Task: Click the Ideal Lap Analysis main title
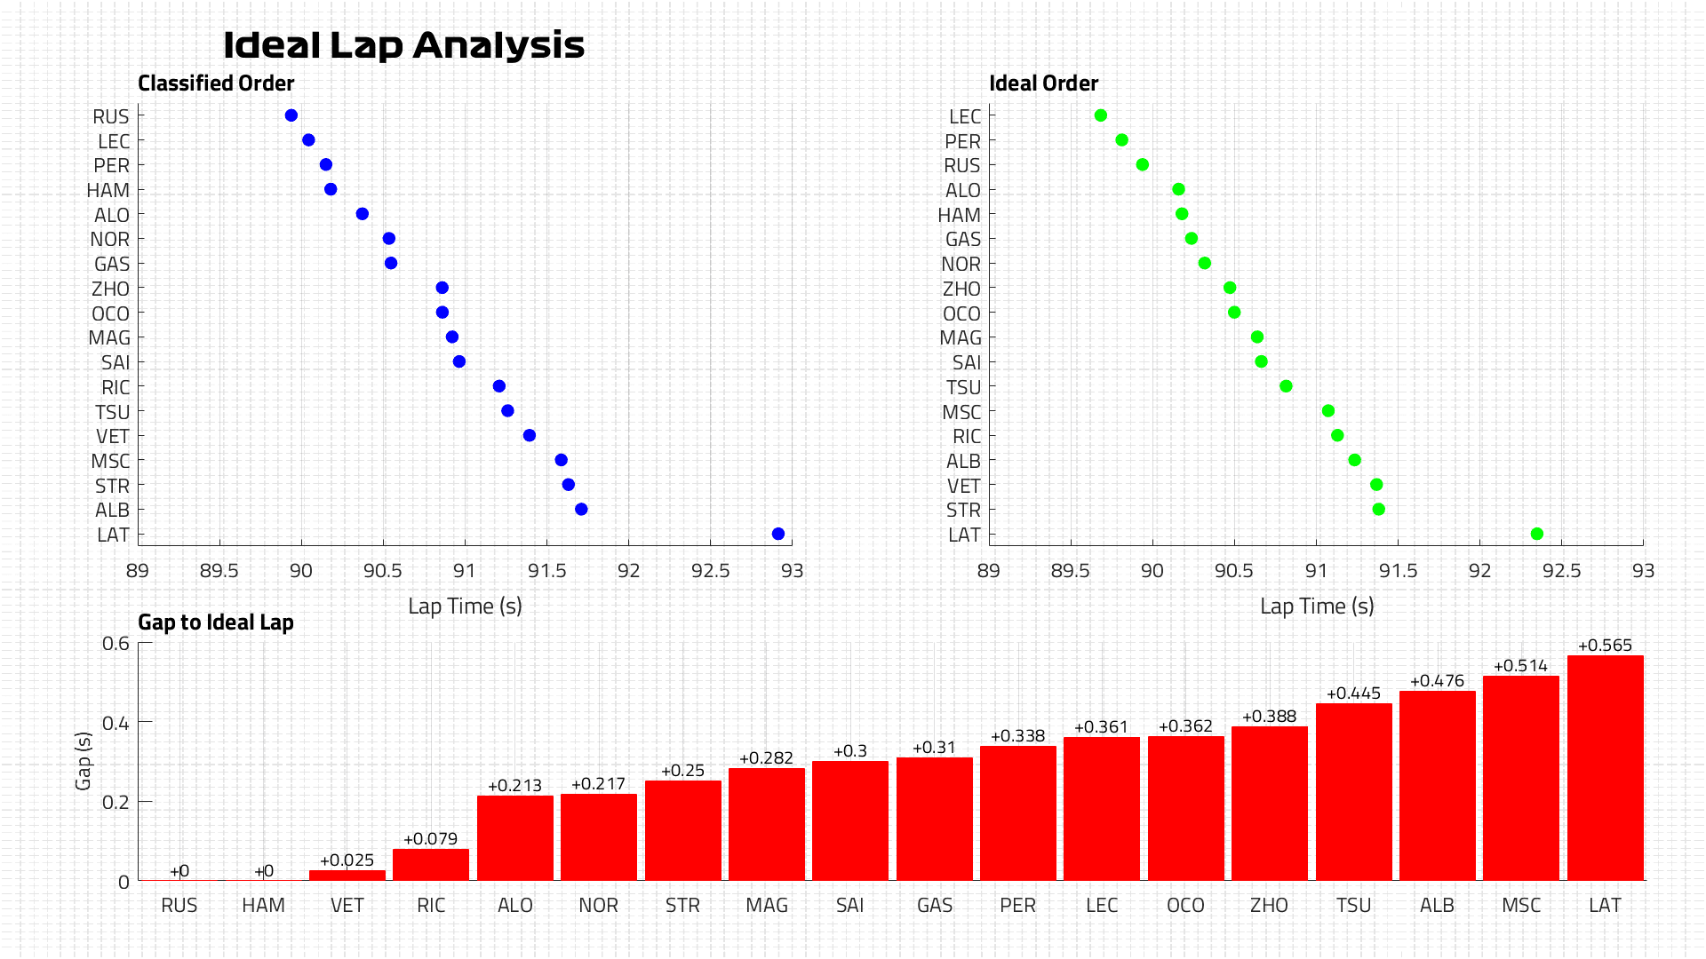(403, 45)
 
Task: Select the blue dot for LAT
(778, 534)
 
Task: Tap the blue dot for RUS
(291, 115)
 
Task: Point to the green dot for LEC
(1101, 115)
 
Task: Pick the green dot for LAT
(1537, 534)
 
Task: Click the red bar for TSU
(1353, 792)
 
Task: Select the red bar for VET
(347, 876)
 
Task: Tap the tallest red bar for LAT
(1605, 768)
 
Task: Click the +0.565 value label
(1605, 646)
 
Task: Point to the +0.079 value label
(431, 839)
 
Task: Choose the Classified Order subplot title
(216, 83)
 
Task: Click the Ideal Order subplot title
(1044, 83)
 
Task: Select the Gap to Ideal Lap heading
(216, 622)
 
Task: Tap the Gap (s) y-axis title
(84, 761)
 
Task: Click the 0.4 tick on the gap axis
(116, 723)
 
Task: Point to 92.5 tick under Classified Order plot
(711, 571)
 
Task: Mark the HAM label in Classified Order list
(108, 190)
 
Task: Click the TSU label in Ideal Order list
(964, 388)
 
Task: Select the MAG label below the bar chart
(767, 906)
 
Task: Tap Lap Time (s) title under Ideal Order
(1317, 606)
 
